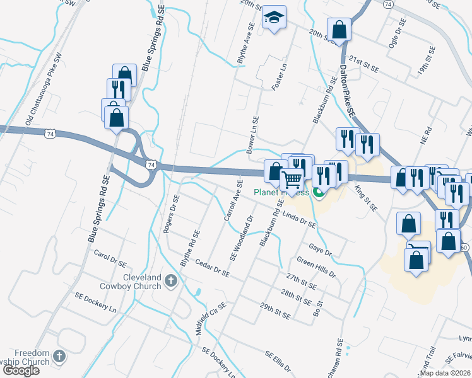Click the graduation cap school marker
tap(274, 17)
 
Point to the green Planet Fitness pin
tap(319, 193)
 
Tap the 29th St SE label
tap(274, 309)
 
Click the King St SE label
tap(366, 201)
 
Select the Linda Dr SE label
tap(299, 220)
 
